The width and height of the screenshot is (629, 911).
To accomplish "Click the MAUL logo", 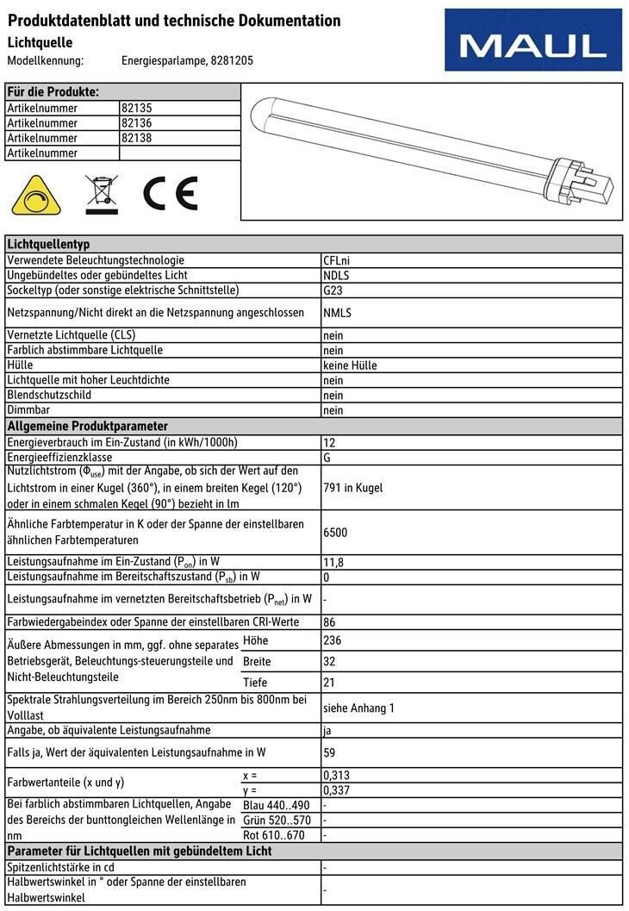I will (x=532, y=40).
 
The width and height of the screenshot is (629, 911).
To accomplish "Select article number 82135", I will (x=137, y=109).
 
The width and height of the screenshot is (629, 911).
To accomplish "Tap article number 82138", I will (x=137, y=138).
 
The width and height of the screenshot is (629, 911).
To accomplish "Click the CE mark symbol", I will (x=171, y=193).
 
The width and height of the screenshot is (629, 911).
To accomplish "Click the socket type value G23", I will (x=333, y=290).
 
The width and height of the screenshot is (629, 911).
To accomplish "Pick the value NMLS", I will (x=338, y=313).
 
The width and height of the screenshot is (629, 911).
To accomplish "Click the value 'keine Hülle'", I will (x=350, y=365).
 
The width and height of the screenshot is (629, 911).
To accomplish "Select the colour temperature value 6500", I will (x=335, y=533).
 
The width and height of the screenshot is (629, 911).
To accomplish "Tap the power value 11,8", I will (x=333, y=562).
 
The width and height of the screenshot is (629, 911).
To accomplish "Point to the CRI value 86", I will (x=329, y=621).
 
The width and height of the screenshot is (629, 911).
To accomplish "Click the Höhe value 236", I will (x=332, y=641).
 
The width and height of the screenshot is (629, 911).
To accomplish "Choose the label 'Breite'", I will (x=257, y=662).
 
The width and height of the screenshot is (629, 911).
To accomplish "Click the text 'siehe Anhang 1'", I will (x=358, y=708).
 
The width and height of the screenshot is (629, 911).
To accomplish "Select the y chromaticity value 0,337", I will (x=336, y=790).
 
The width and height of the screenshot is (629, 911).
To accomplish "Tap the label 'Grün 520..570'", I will (x=277, y=820).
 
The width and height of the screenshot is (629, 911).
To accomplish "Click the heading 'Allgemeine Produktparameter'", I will (x=87, y=427).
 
